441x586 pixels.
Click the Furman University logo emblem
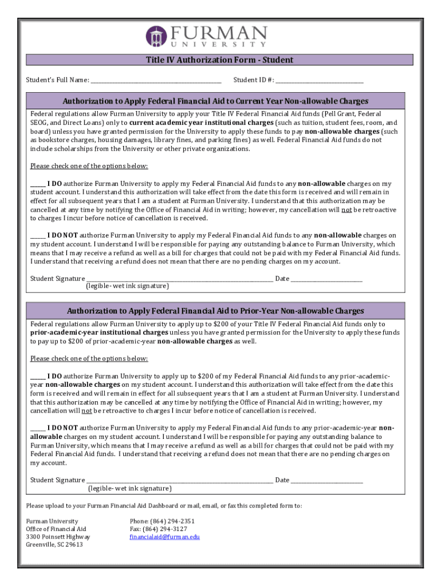pyautogui.click(x=156, y=36)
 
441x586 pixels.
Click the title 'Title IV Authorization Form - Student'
pyautogui.click(x=220, y=60)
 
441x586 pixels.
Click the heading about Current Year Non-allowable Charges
pyautogui.click(x=215, y=101)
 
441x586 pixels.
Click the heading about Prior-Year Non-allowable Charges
pyautogui.click(x=215, y=311)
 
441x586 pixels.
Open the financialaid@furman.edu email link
pyautogui.click(x=165, y=537)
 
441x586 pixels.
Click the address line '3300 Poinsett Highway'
pyautogui.click(x=58, y=537)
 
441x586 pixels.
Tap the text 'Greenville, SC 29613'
pyautogui.click(x=54, y=545)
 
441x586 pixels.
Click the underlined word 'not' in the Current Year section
pyautogui.click(x=346, y=210)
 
